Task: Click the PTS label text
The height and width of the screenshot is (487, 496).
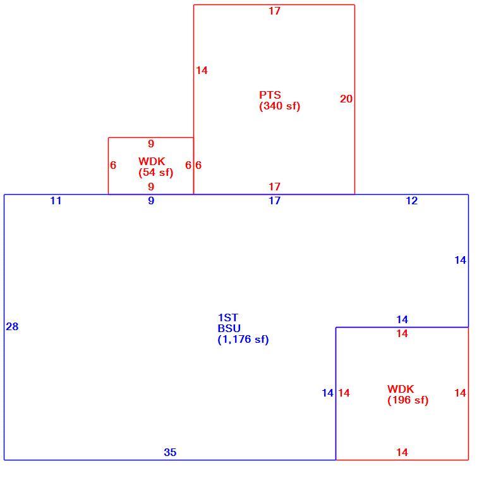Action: point(270,95)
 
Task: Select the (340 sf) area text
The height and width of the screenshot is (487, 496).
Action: point(280,106)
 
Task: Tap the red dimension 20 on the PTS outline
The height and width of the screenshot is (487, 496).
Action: point(346,99)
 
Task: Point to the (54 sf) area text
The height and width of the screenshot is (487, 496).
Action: point(155,172)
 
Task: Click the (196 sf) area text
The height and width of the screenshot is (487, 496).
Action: point(408,400)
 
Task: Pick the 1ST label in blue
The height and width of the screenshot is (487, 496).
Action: point(227,317)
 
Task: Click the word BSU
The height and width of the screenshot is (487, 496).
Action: point(229,328)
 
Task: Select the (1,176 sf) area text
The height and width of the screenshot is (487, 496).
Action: point(243,340)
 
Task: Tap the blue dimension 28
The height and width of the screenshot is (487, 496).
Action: point(12,326)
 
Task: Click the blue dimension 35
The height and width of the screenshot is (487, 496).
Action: point(170,452)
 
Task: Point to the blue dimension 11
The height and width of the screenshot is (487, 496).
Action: point(56,200)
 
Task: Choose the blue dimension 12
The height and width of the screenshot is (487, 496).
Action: point(411,200)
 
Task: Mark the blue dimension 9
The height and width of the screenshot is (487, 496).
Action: point(151,200)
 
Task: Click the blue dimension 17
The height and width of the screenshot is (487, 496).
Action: point(274,200)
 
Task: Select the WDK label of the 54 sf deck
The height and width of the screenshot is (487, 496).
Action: point(152,161)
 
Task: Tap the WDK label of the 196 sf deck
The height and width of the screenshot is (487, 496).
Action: point(401,389)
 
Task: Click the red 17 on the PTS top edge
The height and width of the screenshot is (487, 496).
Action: point(274,11)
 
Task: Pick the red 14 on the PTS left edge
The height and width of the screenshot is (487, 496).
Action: point(202,70)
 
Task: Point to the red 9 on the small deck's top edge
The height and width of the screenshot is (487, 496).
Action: point(151,144)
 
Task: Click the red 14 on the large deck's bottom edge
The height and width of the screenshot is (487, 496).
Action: point(402,452)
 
